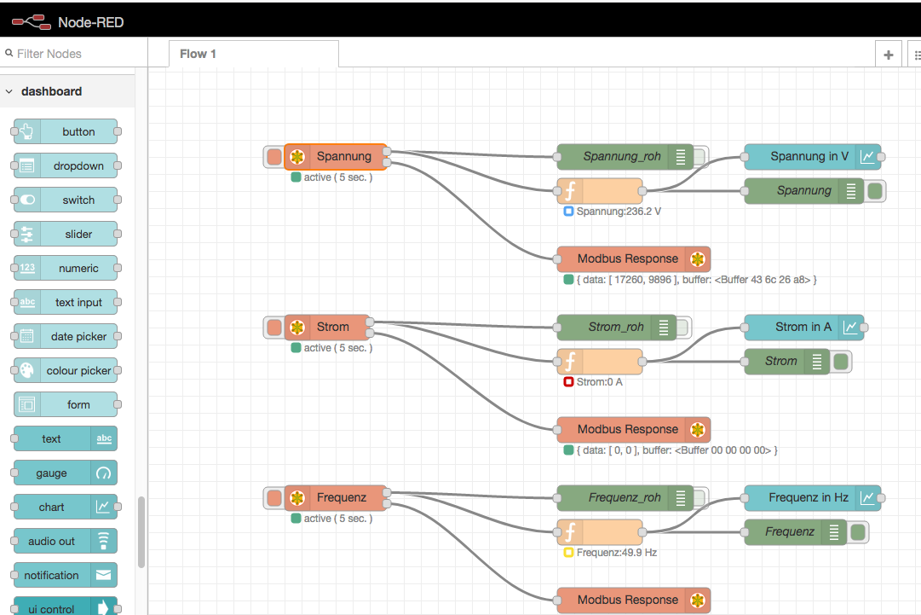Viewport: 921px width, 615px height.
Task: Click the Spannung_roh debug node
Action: click(x=622, y=157)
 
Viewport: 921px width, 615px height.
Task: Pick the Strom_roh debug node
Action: click(x=615, y=328)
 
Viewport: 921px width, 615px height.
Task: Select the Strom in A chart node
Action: click(x=803, y=328)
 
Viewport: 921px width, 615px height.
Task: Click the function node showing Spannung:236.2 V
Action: click(x=600, y=191)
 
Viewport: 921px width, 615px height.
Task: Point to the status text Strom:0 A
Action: click(x=599, y=382)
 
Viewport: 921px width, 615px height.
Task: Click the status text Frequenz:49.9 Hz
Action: click(x=616, y=553)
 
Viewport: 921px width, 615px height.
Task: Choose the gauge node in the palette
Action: click(x=66, y=473)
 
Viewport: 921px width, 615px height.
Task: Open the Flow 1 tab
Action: click(x=199, y=54)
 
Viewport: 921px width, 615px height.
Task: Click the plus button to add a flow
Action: click(x=888, y=55)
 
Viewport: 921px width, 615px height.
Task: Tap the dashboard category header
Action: click(x=52, y=91)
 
